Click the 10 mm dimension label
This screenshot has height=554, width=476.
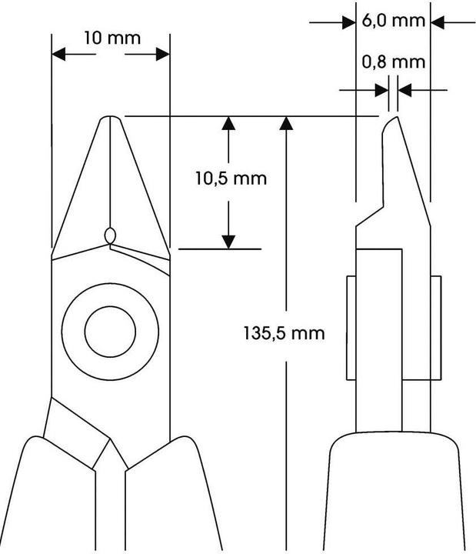click(112, 38)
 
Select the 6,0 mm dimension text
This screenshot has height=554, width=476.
click(393, 22)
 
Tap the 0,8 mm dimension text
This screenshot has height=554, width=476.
click(393, 62)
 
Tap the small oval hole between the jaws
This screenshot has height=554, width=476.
click(110, 235)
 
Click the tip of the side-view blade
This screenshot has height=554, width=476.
click(390, 118)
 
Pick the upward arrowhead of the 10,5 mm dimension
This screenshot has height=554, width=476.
click(228, 125)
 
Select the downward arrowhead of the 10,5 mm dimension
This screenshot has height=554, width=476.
click(228, 240)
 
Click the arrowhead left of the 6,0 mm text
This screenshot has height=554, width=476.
click(348, 22)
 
